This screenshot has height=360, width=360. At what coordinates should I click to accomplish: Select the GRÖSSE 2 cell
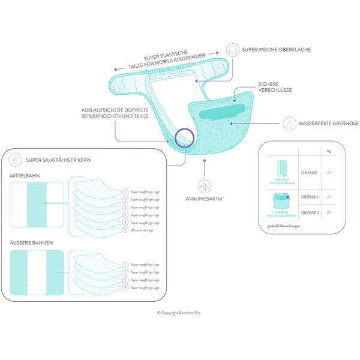(x=309, y=212)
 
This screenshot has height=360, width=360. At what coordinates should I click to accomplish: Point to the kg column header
(x=329, y=151)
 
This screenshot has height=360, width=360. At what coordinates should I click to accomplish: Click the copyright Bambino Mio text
(x=179, y=312)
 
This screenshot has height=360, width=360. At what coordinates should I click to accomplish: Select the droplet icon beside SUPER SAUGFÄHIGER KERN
(x=16, y=161)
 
